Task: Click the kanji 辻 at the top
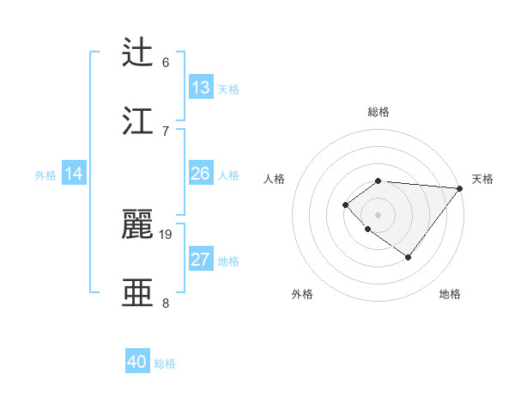pos(138,52)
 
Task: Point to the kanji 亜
pos(138,291)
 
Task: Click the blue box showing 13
pos(201,88)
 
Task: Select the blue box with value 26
pos(201,174)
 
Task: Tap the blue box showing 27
pos(201,260)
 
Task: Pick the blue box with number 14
pos(74,174)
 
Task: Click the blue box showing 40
pos(137,362)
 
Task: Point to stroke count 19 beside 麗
pos(167,234)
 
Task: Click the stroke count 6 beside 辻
pos(166,63)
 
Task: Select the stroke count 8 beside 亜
pos(166,303)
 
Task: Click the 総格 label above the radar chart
pos(379,112)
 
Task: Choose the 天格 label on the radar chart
pos(482,179)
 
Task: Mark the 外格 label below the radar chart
pos(302,294)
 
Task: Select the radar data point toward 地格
pos(409,257)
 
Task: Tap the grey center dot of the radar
pos(379,214)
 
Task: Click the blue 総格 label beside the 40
pos(165,364)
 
